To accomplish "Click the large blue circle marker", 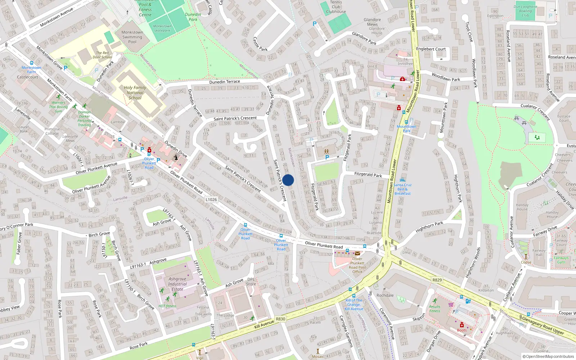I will tap(288, 180).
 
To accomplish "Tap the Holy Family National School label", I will tap(135, 93).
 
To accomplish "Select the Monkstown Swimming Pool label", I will tap(132, 37).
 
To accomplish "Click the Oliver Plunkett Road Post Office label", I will tap(357, 265).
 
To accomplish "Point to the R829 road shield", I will tap(437, 280).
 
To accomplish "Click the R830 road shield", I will tap(280, 319).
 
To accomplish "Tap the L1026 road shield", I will tap(211, 199).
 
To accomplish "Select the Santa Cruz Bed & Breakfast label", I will tap(402, 189).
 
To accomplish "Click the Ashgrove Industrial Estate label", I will tap(177, 284).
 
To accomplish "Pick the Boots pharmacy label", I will tap(462, 330).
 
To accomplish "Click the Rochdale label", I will tap(385, 295).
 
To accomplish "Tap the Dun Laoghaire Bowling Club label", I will tap(525, 11).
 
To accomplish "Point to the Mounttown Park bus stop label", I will tap(406, 129).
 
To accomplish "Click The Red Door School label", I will tap(102, 55).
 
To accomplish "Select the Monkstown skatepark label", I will tap(162, 28).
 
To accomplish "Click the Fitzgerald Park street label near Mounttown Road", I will tap(368, 174).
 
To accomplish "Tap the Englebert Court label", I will tap(431, 49).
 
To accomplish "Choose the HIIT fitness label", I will tap(167, 306).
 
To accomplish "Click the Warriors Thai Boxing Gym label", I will tap(58, 107).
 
